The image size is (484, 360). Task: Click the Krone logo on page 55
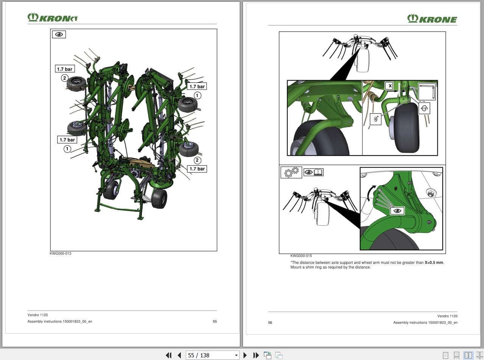[x=53, y=17]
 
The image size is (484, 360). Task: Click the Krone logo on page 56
[x=432, y=19]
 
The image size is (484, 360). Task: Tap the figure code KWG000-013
[x=61, y=253]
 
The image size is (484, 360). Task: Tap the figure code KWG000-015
[x=301, y=256]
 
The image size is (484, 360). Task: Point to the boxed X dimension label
[x=390, y=86]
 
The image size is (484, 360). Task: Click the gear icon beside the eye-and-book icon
[x=291, y=172]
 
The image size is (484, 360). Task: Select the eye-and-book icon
[x=313, y=172]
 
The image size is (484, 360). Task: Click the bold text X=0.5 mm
[x=434, y=262]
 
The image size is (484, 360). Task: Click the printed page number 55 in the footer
[x=215, y=321]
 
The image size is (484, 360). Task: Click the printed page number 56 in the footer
[x=270, y=323]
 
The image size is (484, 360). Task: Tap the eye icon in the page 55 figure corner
[x=59, y=34]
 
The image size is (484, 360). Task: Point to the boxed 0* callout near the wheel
[x=376, y=119]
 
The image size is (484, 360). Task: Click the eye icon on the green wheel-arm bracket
[x=397, y=211]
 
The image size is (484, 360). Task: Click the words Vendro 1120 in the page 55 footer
[x=37, y=315]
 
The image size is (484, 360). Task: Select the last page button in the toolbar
[x=256, y=355]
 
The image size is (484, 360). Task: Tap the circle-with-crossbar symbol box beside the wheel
[x=424, y=109]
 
